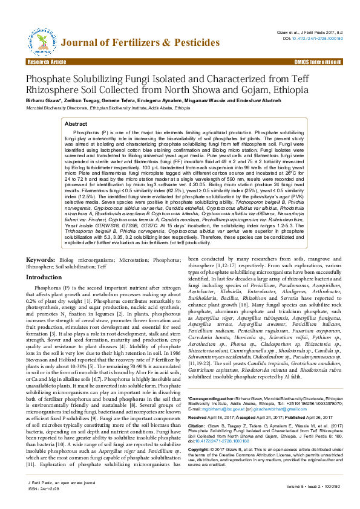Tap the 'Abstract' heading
click(76, 123)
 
